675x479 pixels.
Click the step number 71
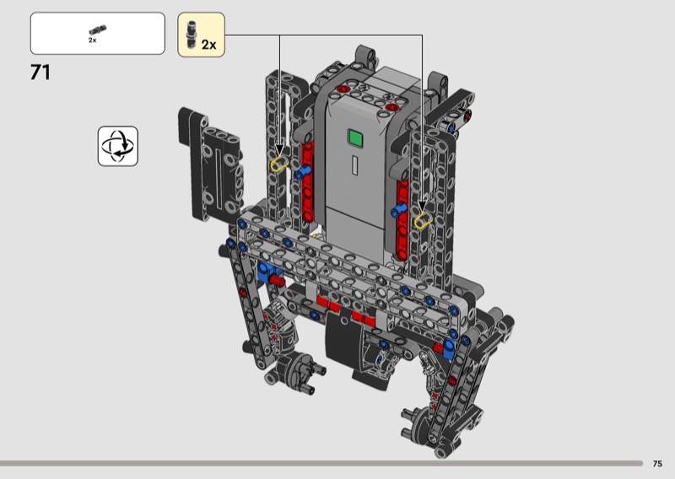(x=40, y=73)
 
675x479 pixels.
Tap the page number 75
(x=657, y=464)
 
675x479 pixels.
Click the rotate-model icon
(x=118, y=147)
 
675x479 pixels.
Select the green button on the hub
(x=355, y=138)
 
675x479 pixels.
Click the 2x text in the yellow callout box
(x=208, y=45)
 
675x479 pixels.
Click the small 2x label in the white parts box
(x=93, y=40)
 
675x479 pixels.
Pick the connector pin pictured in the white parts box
(x=98, y=30)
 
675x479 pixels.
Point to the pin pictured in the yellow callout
(x=192, y=35)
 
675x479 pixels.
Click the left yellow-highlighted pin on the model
(x=279, y=164)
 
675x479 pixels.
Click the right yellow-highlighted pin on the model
(x=424, y=221)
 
